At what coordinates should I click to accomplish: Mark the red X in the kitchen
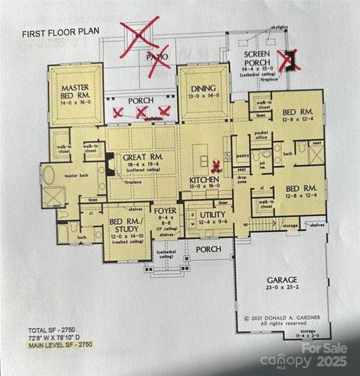[216, 165]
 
